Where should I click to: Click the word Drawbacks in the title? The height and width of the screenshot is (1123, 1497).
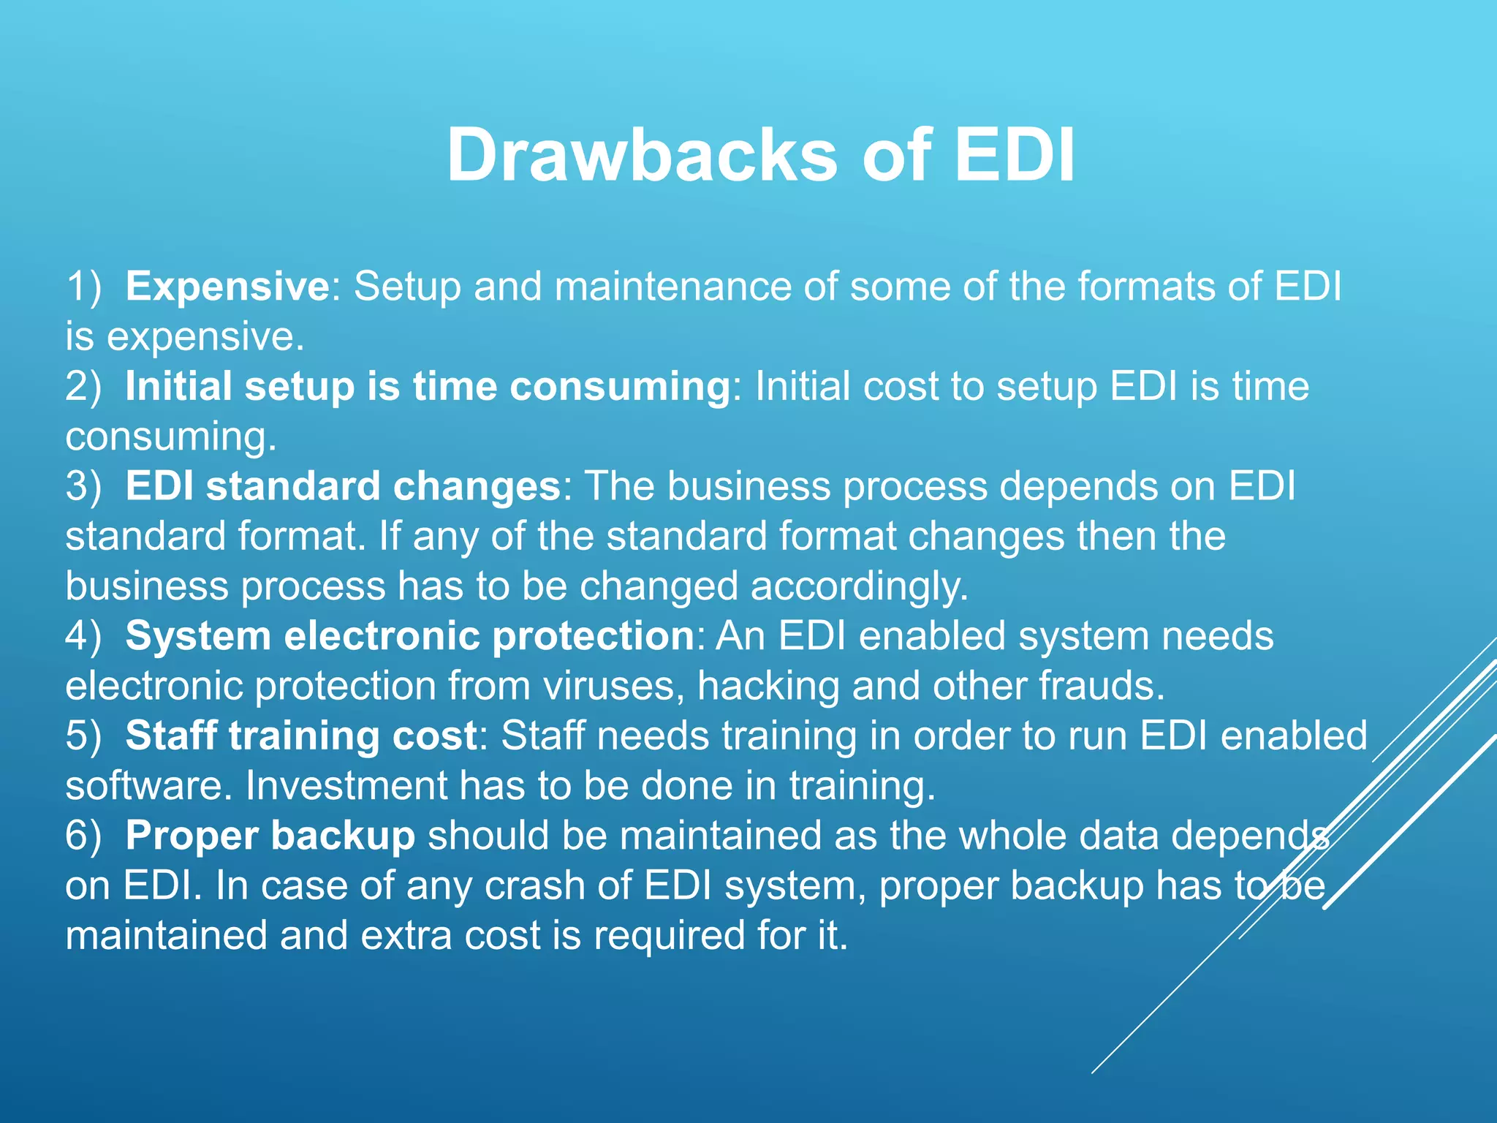642,155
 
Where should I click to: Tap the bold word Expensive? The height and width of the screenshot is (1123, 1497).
227,286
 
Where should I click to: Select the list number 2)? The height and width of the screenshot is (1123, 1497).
83,386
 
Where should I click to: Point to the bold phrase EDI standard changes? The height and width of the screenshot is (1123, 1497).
342,486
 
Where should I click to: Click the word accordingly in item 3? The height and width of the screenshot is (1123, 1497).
859,586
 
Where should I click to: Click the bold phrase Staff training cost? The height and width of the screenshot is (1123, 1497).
301,736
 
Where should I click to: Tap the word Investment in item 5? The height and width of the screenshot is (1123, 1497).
346,786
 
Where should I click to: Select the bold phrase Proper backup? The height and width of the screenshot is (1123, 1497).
270,836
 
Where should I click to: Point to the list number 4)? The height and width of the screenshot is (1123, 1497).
83,635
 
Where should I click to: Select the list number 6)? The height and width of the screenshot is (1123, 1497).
83,836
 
